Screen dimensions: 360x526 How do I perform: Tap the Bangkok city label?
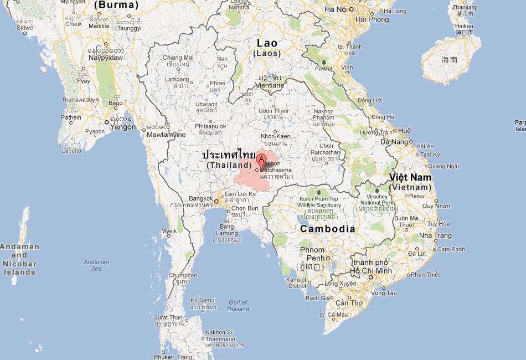[200, 198]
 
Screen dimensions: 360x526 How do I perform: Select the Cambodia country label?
[327, 229]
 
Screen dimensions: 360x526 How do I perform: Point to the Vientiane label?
[270, 85]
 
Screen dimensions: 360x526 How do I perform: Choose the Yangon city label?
[123, 127]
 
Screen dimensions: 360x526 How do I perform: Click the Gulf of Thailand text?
[238, 306]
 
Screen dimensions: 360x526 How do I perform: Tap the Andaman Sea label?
[96, 265]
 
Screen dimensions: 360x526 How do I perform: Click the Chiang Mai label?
[178, 58]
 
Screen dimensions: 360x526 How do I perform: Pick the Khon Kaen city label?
[275, 136]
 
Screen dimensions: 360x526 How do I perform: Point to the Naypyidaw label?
[105, 57]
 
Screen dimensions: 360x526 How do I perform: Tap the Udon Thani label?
[274, 111]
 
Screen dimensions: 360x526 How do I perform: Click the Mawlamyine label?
[166, 135]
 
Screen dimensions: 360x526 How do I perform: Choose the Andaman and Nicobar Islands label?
[19, 259]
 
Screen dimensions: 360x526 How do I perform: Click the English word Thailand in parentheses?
[229, 165]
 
